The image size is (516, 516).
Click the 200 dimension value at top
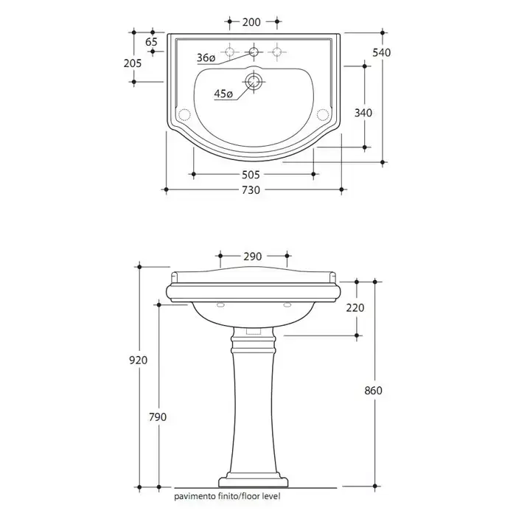251,22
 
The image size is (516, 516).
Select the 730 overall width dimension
251,190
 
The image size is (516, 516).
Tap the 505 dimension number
251,175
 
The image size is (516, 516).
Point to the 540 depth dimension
382,52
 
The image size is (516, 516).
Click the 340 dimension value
363,113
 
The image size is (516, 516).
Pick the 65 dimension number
151,42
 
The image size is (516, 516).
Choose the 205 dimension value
133,63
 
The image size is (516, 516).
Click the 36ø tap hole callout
206,57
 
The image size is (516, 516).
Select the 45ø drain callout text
223,94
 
